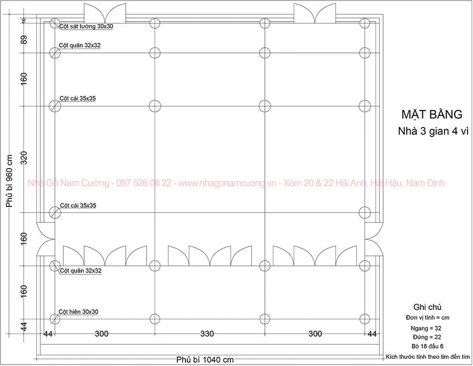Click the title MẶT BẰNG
tap(432, 114)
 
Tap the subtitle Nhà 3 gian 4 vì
tap(433, 131)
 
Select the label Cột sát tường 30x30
tap(86, 26)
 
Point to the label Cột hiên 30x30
tap(79, 312)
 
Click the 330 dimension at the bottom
tap(207, 333)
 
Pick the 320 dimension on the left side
tap(24, 158)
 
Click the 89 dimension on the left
tap(24, 40)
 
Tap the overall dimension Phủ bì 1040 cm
tap(205, 360)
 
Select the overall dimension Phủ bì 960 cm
tap(9, 181)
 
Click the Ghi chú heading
tap(427, 307)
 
